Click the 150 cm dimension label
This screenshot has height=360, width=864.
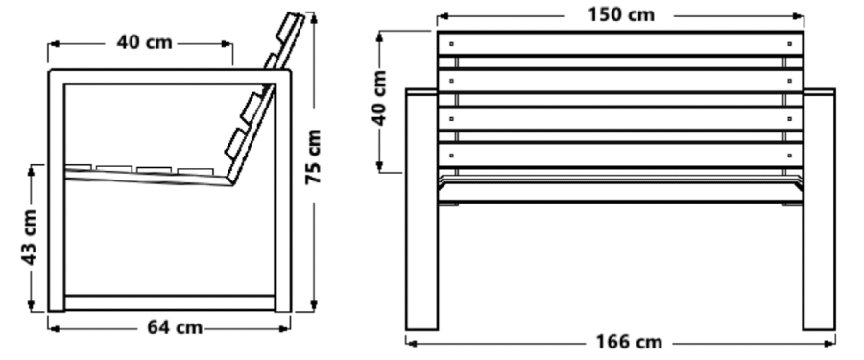[621, 14]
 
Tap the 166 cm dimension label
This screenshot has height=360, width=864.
[629, 342]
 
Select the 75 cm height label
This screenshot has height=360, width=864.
[314, 156]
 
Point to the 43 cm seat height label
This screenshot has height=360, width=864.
[29, 237]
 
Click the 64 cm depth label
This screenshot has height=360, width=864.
[175, 327]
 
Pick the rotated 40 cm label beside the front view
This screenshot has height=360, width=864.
[379, 98]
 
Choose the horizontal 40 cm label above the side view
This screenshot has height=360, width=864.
[144, 42]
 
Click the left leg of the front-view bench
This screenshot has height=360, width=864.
[422, 209]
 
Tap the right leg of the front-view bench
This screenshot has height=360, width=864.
[819, 209]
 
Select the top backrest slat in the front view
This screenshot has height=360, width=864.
[620, 43]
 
